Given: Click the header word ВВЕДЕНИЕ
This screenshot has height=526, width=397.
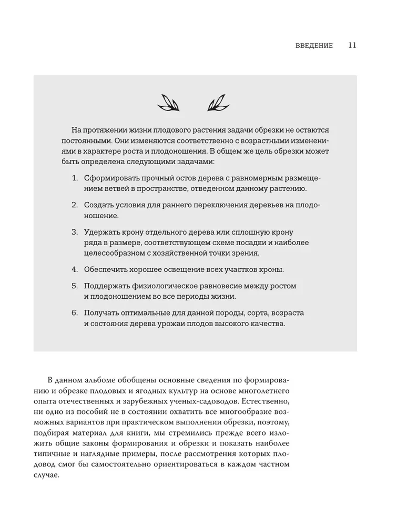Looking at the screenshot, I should (x=314, y=46).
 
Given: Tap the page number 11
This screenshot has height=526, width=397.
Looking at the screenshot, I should (x=352, y=45).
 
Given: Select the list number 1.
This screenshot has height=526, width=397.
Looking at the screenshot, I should (x=75, y=179).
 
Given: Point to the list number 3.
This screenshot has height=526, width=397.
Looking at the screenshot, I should (x=75, y=232).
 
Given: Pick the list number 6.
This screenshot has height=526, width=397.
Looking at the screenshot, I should (x=75, y=313).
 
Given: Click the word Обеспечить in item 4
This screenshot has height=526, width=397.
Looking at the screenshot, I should (x=106, y=270).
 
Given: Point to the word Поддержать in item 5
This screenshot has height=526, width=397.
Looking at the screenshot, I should (x=107, y=286).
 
